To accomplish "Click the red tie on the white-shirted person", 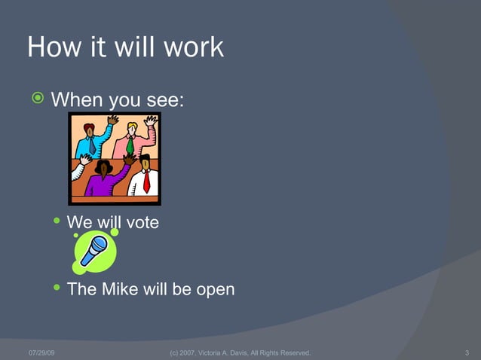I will (x=146, y=181).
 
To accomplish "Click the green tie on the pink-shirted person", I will (x=130, y=144).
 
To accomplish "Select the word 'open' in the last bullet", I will (x=215, y=290).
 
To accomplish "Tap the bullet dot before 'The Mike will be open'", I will (x=57, y=288).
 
